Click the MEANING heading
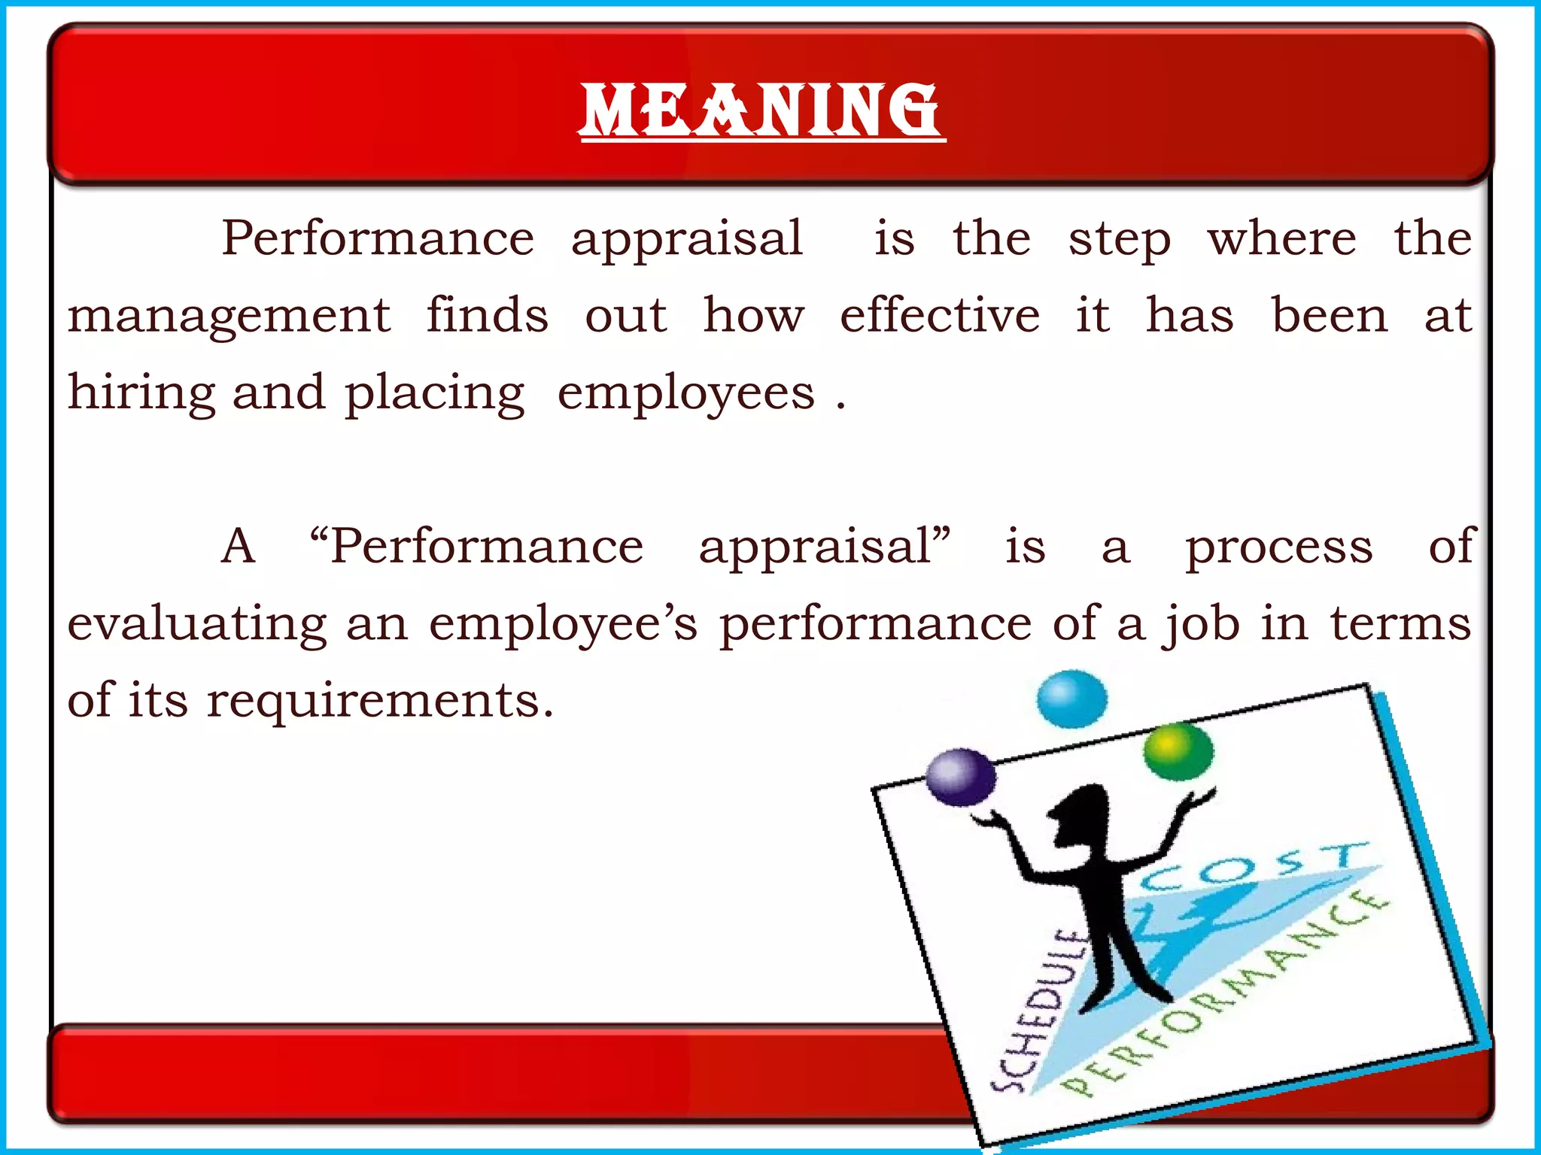pos(761,111)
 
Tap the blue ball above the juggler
pos(1071,699)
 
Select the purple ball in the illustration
pos(960,777)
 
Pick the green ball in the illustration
pos(1178,750)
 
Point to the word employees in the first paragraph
pos(686,393)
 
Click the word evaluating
pos(197,624)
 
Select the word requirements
pos(380,701)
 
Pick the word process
pos(1279,547)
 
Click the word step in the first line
pos(1120,239)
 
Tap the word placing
pos(434,393)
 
